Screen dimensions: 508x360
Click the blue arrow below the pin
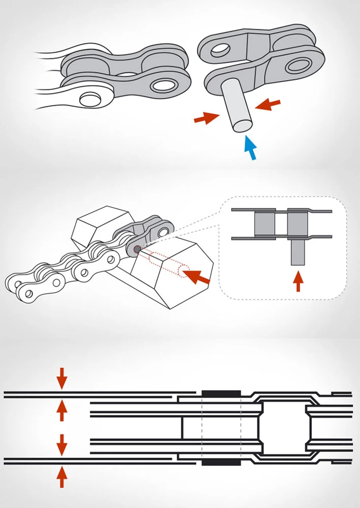pyautogui.click(x=250, y=148)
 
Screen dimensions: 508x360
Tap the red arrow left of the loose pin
pyautogui.click(x=205, y=119)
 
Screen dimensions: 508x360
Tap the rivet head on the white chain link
pyautogui.click(x=89, y=98)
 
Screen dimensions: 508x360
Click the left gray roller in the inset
pyautogui.click(x=265, y=224)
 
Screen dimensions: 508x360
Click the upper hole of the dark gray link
pyautogui.click(x=162, y=232)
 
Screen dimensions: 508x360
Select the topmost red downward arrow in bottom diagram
pyautogui.click(x=61, y=378)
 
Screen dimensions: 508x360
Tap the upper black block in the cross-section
pyautogui.click(x=221, y=394)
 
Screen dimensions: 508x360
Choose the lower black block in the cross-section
pyautogui.click(x=221, y=462)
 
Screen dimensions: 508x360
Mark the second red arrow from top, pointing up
pyautogui.click(x=61, y=410)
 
